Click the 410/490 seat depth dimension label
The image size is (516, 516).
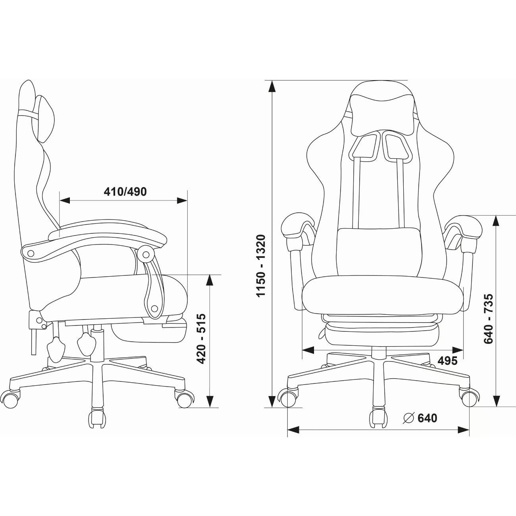[x=125, y=192]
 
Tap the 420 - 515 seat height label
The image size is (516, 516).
[x=201, y=339]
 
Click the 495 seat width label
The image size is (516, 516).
[x=447, y=361]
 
